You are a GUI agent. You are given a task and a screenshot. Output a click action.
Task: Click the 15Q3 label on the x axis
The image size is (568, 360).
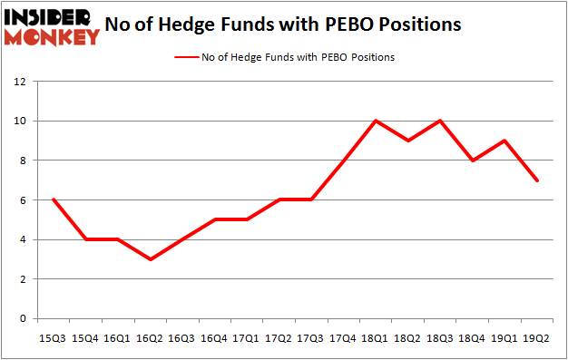pyautogui.click(x=54, y=337)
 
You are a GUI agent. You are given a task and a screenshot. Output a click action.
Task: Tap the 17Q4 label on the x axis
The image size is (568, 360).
pyautogui.click(x=343, y=337)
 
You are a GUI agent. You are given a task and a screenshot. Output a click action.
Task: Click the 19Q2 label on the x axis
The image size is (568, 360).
pyautogui.click(x=535, y=337)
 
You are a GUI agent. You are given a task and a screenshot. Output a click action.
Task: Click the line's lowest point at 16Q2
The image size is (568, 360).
pyautogui.click(x=150, y=259)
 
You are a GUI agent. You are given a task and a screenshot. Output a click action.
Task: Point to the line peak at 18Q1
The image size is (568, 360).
pyautogui.click(x=375, y=121)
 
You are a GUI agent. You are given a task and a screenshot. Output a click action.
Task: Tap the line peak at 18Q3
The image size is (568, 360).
pyautogui.click(x=439, y=121)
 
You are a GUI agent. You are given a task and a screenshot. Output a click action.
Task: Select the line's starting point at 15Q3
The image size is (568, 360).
pyautogui.click(x=54, y=199)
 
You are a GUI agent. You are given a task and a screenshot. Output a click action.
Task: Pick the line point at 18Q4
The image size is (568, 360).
pyautogui.click(x=471, y=161)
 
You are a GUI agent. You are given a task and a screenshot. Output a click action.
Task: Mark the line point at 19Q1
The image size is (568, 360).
pyautogui.click(x=504, y=141)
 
